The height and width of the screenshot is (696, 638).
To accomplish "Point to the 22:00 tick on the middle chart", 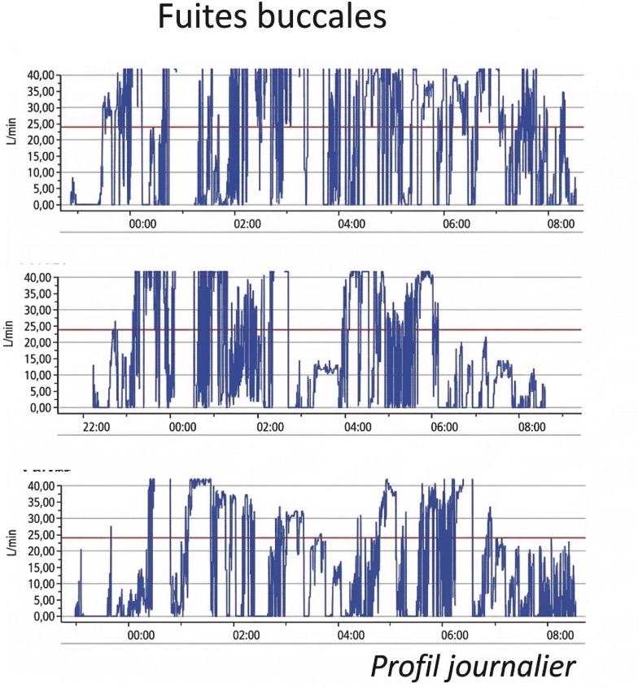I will pyautogui.click(x=96, y=425).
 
